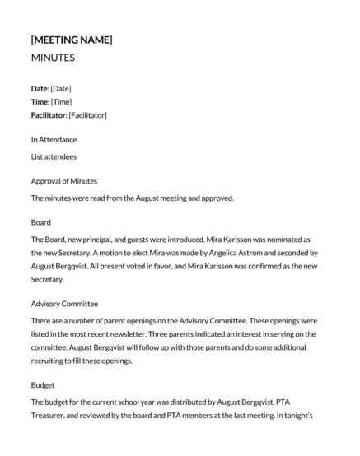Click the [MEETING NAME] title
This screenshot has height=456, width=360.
(72, 40)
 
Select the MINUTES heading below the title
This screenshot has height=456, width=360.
(53, 58)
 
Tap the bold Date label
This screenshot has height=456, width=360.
(39, 88)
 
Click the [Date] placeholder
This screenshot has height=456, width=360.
(63, 88)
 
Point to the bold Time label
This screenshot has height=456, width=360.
(40, 101)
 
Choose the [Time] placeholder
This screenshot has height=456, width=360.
(63, 101)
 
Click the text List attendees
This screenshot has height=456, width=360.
(54, 156)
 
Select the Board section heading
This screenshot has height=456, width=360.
(41, 222)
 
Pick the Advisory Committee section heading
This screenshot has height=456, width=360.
(68, 303)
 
